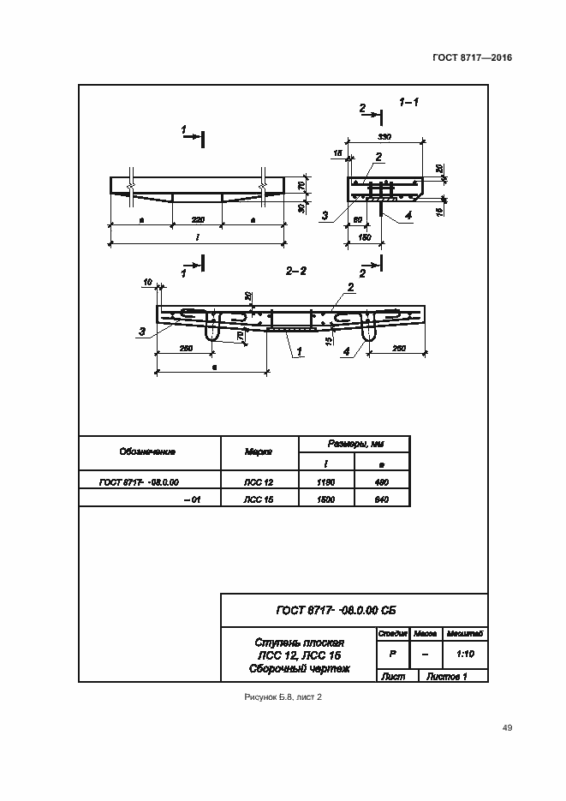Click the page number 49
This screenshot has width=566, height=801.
(x=507, y=728)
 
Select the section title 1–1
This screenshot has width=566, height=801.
(x=408, y=102)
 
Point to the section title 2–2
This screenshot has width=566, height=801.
(x=296, y=271)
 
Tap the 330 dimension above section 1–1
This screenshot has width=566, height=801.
(x=384, y=137)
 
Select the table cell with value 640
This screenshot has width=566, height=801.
(x=381, y=499)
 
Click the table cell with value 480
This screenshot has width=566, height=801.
(x=381, y=482)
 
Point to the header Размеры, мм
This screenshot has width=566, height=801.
(x=354, y=444)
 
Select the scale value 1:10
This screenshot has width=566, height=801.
(x=466, y=653)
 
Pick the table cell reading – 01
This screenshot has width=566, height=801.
(x=192, y=499)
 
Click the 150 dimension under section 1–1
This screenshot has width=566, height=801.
(x=365, y=237)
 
